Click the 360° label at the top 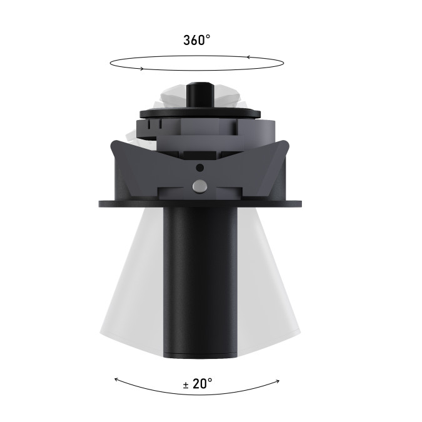tap(197, 40)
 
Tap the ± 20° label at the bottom tap(198, 383)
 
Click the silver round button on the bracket tap(199, 186)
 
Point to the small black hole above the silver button tap(199, 168)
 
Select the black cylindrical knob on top tap(201, 95)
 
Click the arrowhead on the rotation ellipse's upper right tap(249, 57)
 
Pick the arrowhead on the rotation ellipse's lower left tap(141, 69)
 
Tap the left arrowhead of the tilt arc tap(116, 379)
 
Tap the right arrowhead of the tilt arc tap(278, 381)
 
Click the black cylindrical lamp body tap(200, 282)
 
